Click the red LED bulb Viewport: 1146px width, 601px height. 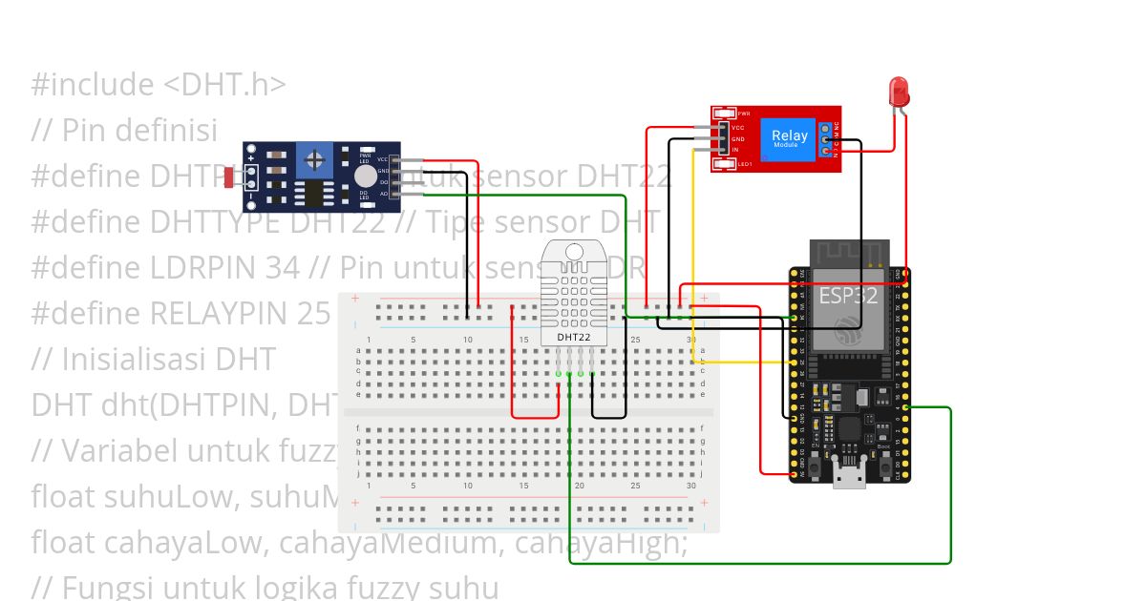[899, 92]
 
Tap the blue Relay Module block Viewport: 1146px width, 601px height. [789, 138]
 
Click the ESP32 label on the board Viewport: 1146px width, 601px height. [848, 295]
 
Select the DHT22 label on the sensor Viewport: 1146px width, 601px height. [573, 337]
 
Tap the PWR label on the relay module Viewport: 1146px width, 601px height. [744, 114]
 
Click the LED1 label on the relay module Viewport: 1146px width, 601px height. [744, 164]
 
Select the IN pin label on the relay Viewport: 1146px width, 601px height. [735, 150]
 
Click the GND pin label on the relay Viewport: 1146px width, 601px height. [737, 138]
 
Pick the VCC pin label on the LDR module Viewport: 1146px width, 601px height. [382, 159]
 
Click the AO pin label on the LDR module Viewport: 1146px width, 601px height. [383, 193]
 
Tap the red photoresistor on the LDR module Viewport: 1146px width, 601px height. [231, 176]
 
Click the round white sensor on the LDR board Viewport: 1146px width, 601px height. [365, 176]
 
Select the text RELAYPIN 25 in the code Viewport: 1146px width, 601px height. [240, 313]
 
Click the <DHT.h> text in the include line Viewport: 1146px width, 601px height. [224, 84]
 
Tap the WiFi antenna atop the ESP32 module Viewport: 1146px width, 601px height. [850, 255]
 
